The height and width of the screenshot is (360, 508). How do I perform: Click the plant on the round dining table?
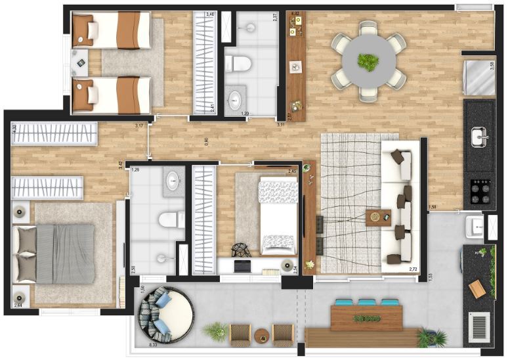pos(368,62)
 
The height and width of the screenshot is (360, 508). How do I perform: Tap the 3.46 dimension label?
pos(211,13)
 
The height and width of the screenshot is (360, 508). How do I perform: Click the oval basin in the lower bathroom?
pos(174,180)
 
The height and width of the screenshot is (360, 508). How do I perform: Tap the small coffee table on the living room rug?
pos(378,217)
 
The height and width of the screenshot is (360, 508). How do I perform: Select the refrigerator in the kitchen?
pos(480,77)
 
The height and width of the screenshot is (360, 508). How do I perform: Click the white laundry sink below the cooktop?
pos(474,227)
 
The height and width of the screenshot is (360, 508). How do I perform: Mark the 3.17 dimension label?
pos(138,125)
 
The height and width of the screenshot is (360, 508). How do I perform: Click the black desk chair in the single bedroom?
pos(242,250)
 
